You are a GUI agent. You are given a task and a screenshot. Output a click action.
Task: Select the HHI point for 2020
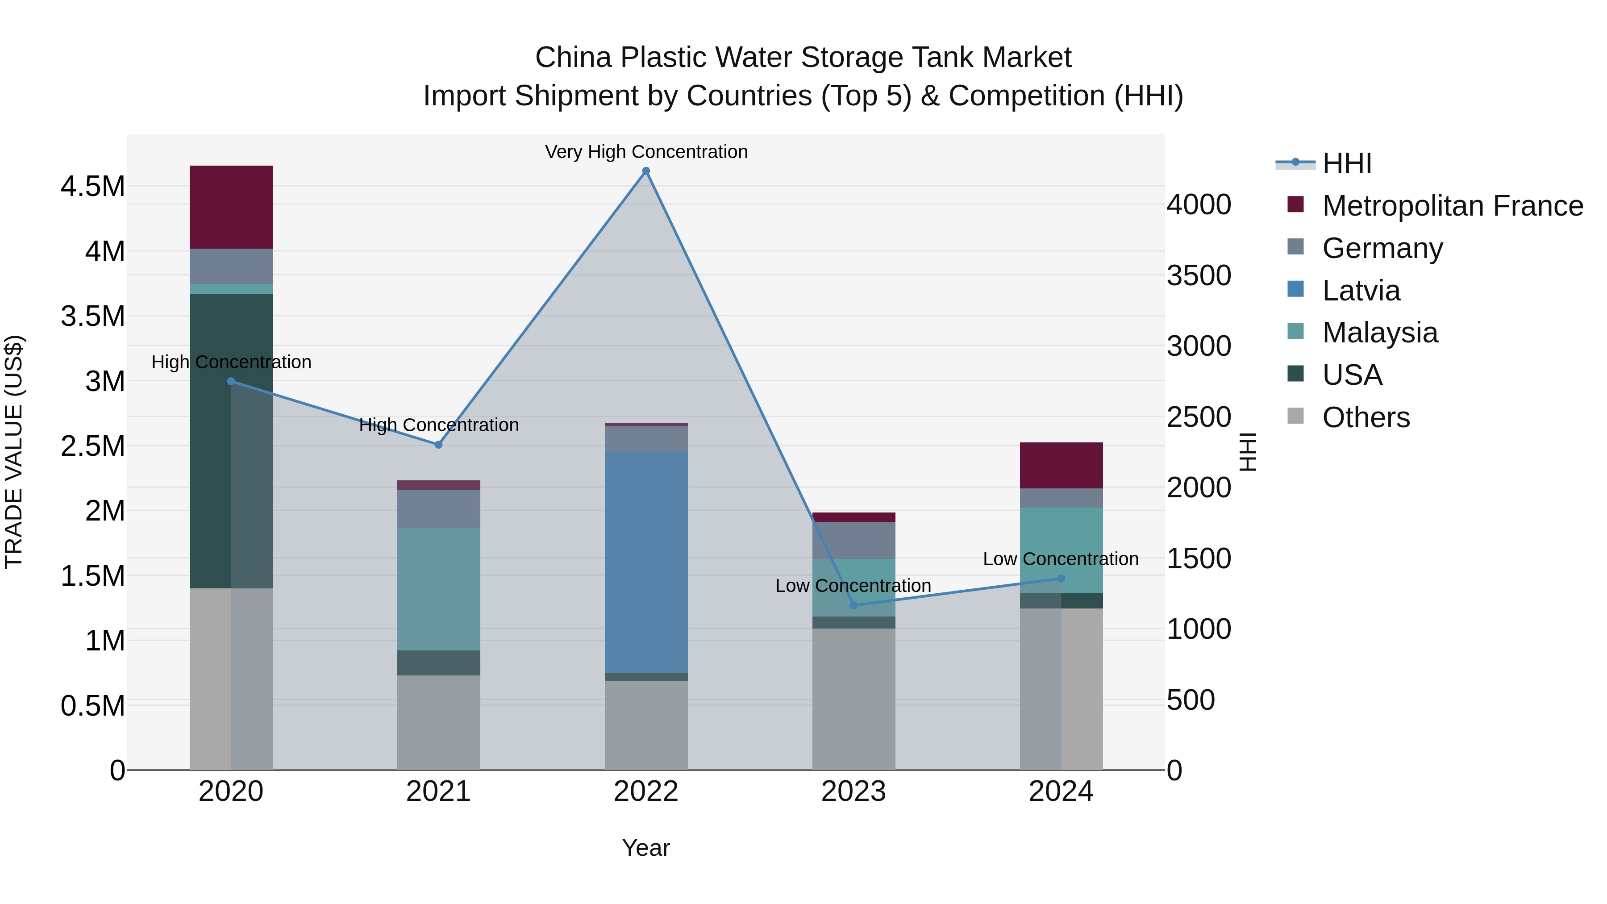coord(231,381)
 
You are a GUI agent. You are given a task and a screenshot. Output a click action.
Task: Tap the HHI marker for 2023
coord(853,605)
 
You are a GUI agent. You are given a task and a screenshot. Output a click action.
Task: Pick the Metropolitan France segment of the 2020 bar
coord(231,207)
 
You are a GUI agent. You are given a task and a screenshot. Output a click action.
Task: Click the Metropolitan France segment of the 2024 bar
coord(1061,466)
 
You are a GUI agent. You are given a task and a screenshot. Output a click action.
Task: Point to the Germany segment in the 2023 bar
coord(853,540)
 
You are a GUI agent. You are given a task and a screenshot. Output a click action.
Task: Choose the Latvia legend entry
coord(1361,291)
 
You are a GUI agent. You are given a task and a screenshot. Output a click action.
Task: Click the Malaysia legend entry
coord(1379,333)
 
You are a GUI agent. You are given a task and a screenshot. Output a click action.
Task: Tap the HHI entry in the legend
coord(1346,163)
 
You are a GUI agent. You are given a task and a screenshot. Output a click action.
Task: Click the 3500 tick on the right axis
coord(1199,276)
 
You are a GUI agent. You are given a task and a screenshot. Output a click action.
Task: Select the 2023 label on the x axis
coord(853,792)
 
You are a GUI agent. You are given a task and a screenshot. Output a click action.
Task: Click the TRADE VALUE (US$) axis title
coord(14,452)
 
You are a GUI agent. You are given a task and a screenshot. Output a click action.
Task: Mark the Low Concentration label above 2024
coord(1061,559)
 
